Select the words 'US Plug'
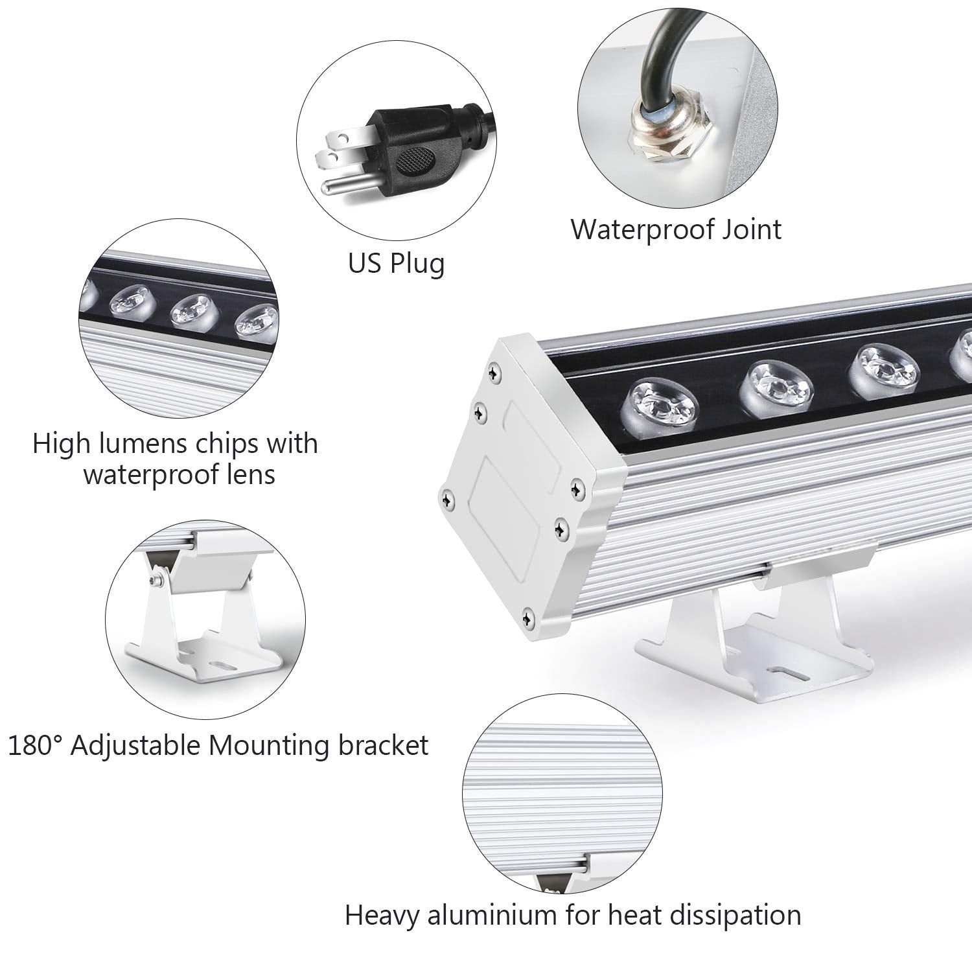tap(396, 264)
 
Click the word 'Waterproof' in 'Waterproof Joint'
tap(649, 230)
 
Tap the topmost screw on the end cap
tap(495, 371)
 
